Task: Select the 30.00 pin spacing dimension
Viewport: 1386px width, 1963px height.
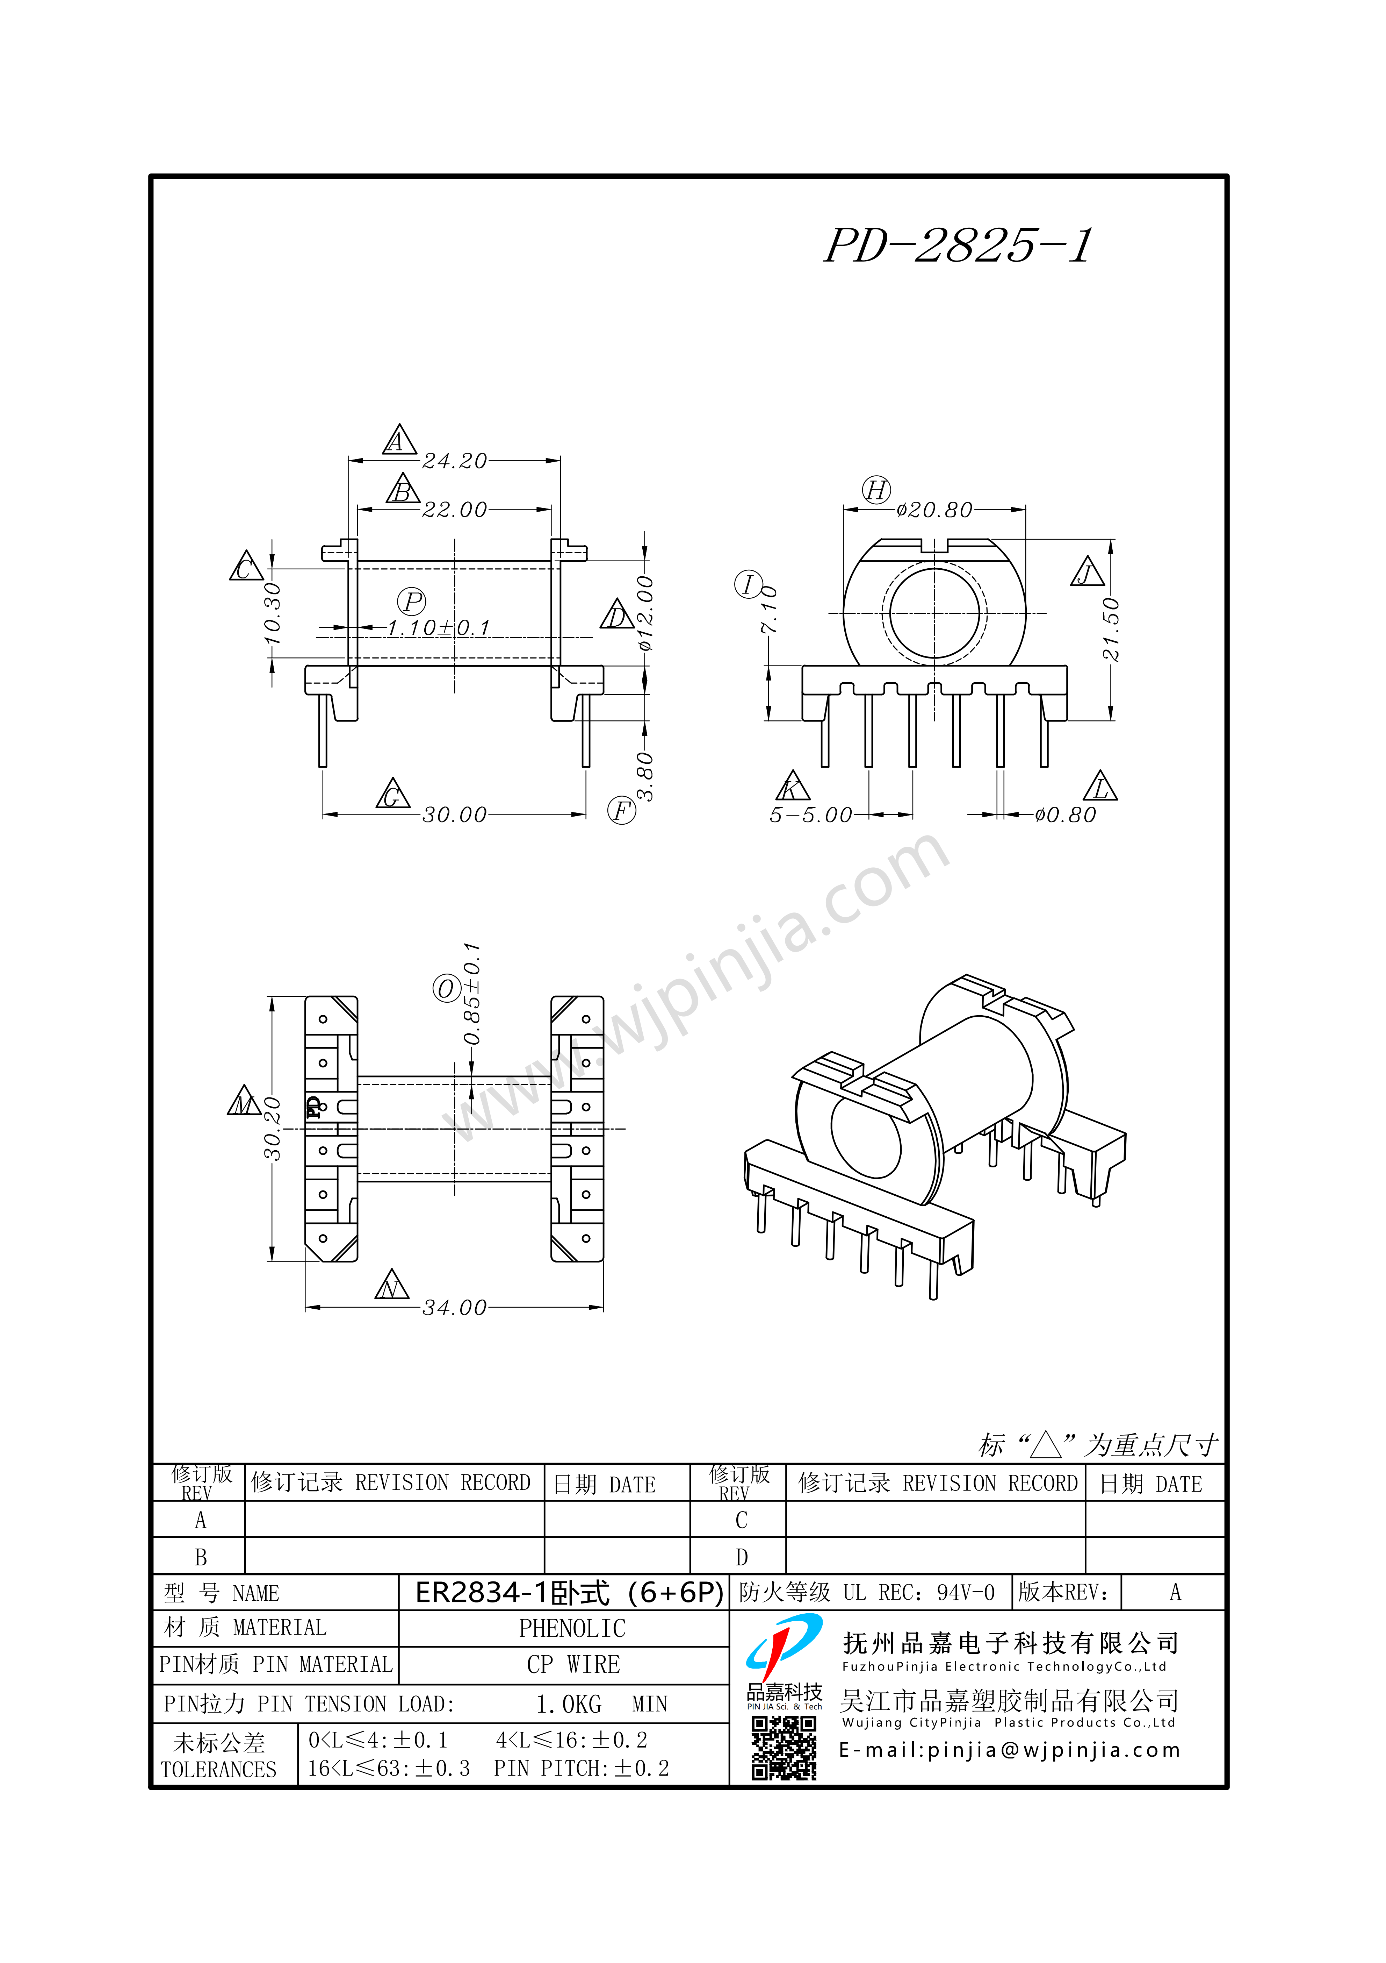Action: pyautogui.click(x=455, y=815)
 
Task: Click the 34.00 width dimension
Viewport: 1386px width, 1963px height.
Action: pyautogui.click(x=455, y=1308)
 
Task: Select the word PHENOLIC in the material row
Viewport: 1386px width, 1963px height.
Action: pyautogui.click(x=572, y=1629)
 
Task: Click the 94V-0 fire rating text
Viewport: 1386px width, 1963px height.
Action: pyautogui.click(x=966, y=1593)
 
